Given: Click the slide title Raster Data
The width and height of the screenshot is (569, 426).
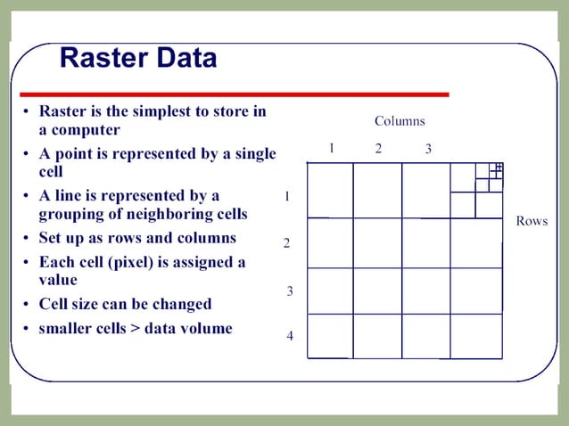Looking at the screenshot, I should [x=137, y=58].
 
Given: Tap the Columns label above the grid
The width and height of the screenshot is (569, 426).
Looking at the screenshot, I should [x=399, y=120].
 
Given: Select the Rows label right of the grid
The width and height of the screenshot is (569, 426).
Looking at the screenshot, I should [x=532, y=221].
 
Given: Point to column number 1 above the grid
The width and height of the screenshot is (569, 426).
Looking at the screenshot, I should [x=331, y=149].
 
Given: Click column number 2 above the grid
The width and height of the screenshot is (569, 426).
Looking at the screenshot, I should [x=378, y=149].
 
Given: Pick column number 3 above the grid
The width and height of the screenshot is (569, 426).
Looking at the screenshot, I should [x=428, y=149].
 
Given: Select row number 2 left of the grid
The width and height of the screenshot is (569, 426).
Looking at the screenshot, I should [x=286, y=243].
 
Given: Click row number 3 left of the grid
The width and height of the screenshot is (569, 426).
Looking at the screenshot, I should [x=290, y=291].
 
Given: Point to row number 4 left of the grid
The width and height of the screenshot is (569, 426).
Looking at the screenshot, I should [x=290, y=336].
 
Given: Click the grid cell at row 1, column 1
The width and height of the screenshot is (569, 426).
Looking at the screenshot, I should [x=330, y=190].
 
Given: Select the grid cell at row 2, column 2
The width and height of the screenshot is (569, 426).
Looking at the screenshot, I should [x=377, y=242].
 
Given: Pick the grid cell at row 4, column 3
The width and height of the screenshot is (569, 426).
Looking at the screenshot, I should [x=425, y=335].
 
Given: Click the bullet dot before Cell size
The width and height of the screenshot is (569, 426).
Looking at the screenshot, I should [x=27, y=305].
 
